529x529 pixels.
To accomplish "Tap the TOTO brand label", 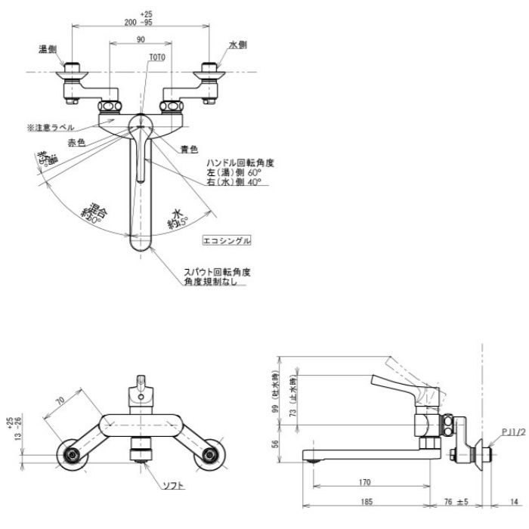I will tap(157, 57).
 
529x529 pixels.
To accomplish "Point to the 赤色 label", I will tap(76, 141).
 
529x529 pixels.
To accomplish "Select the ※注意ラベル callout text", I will tap(52, 128).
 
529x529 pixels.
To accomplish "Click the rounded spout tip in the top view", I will tap(140, 243).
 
